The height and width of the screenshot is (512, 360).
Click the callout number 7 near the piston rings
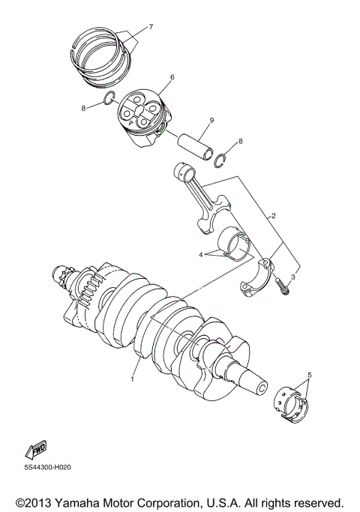[150, 28]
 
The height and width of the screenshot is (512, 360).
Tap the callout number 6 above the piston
[172, 76]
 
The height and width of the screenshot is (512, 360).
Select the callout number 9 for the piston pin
[212, 121]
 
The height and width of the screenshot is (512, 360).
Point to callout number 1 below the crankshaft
[132, 379]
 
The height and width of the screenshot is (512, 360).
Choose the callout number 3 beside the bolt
[294, 277]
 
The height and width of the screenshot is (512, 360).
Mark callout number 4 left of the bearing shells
[202, 255]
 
